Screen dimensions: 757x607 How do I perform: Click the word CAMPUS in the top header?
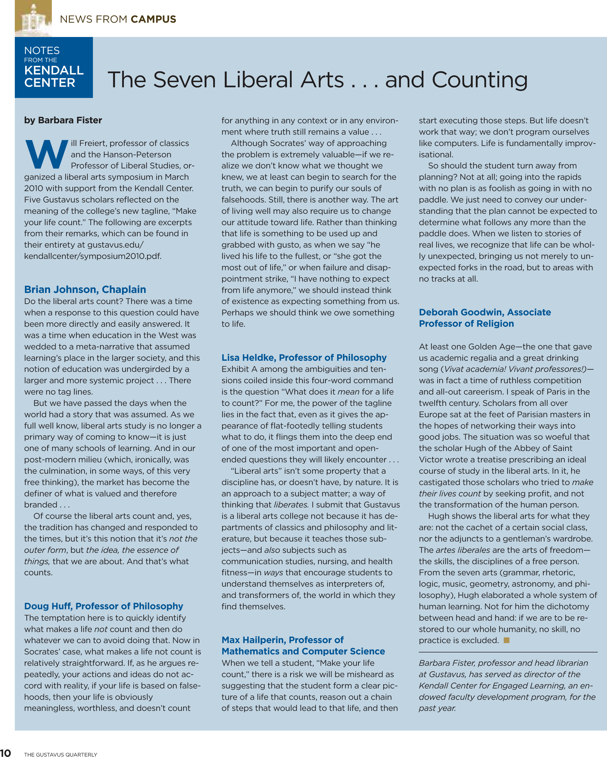click(153, 19)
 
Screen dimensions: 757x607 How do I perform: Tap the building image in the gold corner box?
click(33, 18)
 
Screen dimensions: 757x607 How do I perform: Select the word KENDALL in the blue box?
click(54, 70)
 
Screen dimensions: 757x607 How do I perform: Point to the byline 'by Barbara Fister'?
click(63, 120)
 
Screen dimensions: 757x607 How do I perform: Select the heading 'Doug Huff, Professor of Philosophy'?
click(104, 606)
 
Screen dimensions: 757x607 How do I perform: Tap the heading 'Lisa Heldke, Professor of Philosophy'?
click(304, 358)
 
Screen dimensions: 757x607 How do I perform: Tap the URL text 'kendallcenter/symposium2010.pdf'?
click(93, 256)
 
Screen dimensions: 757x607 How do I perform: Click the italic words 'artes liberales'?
click(463, 550)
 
